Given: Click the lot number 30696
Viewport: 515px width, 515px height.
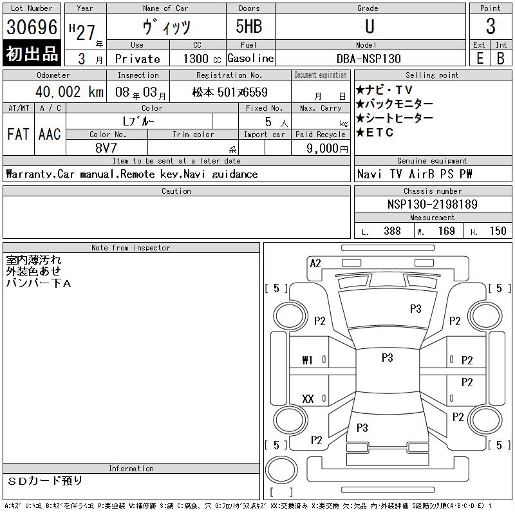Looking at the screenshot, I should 32,27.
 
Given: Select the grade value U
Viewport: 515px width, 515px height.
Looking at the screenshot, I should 369,27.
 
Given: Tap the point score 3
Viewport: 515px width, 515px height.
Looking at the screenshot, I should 491,27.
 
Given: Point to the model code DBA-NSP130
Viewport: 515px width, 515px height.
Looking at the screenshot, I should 368,59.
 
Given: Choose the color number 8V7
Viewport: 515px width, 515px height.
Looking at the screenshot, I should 107,147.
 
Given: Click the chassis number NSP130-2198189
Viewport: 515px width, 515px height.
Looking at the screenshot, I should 432,204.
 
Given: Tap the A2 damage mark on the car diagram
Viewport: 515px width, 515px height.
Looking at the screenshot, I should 315,263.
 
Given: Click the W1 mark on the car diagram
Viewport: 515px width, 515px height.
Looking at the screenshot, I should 307,360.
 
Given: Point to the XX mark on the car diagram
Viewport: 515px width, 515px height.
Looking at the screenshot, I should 308,399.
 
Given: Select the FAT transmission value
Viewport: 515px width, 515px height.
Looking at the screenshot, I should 18,134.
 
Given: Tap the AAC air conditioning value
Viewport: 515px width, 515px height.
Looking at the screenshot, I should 50,134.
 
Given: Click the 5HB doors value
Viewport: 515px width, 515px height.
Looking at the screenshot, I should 248,27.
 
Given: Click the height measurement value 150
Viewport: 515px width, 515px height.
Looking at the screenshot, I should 498,231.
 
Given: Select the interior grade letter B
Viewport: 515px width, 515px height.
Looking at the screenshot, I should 500,59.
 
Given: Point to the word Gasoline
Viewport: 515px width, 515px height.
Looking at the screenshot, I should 250,59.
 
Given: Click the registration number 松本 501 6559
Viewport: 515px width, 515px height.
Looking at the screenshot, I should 230,92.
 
